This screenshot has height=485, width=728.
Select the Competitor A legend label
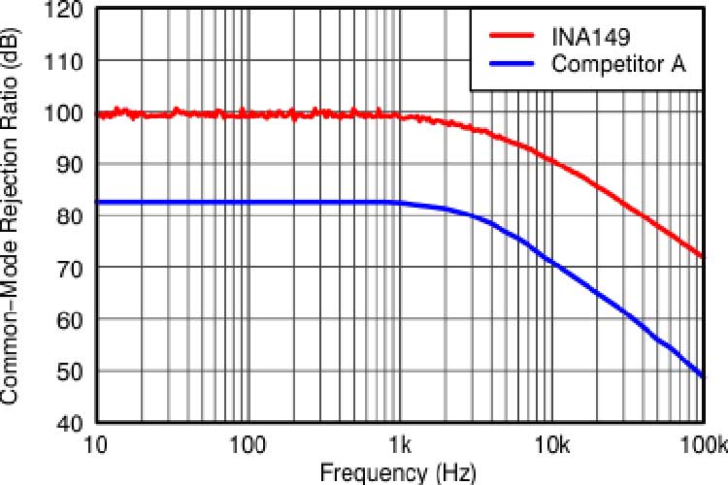(x=618, y=64)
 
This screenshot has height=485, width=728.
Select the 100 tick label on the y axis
(x=71, y=114)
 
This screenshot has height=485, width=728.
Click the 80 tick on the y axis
(x=76, y=216)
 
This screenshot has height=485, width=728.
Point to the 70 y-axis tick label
(x=76, y=268)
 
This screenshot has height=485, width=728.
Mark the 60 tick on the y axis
(x=76, y=320)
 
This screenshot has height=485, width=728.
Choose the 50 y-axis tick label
(x=76, y=372)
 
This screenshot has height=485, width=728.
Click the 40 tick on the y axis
(x=76, y=423)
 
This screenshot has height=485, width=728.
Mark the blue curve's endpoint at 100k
(x=702, y=375)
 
